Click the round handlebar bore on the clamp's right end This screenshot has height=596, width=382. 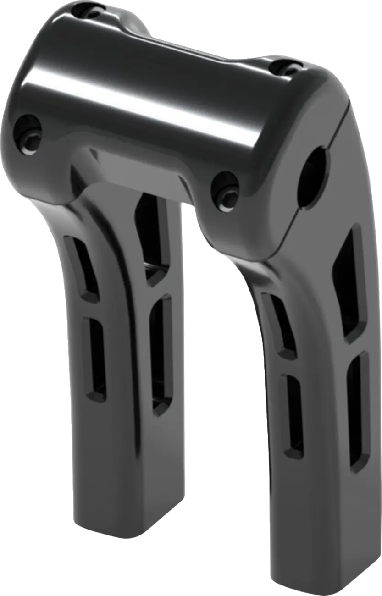click(x=313, y=176)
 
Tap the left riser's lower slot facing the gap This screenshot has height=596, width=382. click(x=161, y=353)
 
